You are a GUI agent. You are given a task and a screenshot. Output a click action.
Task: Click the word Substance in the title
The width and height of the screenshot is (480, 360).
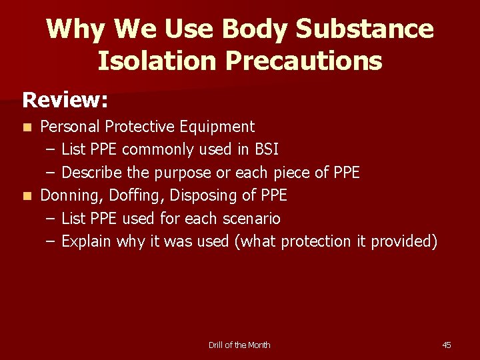click(x=365, y=29)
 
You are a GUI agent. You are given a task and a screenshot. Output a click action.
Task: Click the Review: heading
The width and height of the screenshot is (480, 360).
click(x=65, y=100)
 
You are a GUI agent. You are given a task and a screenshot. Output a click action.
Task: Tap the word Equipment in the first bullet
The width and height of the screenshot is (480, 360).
click(x=221, y=127)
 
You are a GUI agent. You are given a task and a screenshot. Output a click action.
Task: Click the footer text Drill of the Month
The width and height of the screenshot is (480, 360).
click(x=239, y=345)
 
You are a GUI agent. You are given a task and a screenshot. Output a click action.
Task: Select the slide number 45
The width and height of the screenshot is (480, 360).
click(x=447, y=345)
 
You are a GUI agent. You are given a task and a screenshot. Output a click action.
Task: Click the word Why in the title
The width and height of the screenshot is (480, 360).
click(x=77, y=29)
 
